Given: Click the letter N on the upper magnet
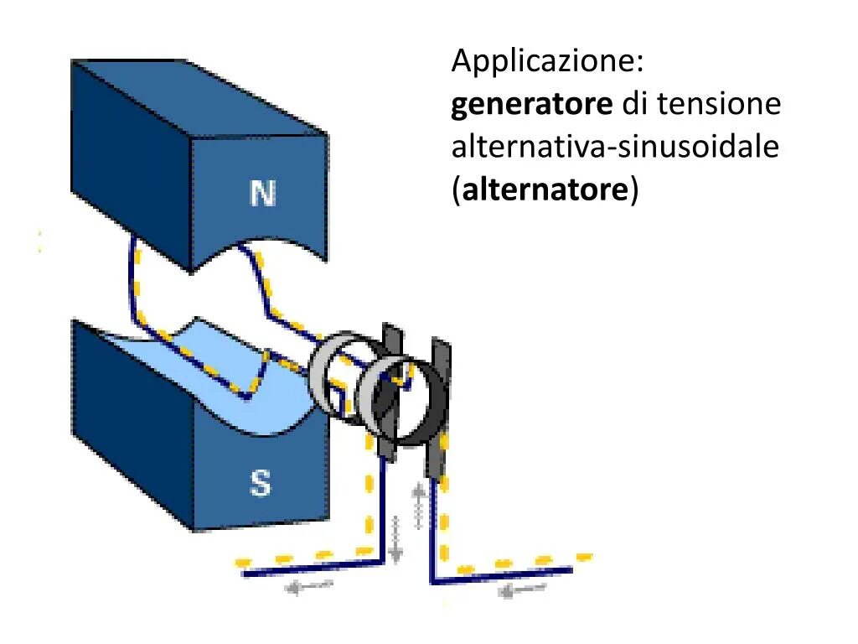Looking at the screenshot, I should click(x=262, y=194).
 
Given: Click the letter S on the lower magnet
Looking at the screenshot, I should click(x=261, y=483).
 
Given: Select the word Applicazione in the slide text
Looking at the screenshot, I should click(x=547, y=62).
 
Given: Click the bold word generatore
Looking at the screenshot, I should click(x=531, y=105).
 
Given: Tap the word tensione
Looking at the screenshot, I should click(x=719, y=105).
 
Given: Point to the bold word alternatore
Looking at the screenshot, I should click(x=545, y=190).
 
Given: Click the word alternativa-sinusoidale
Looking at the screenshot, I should click(x=615, y=148).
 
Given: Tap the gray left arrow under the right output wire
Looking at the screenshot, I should click(x=516, y=591).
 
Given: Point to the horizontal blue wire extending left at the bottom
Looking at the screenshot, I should click(x=310, y=569).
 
